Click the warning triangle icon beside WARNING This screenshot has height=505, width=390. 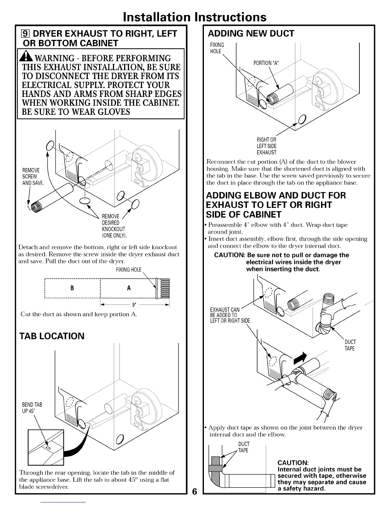(28, 58)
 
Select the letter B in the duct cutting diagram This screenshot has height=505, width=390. (72, 288)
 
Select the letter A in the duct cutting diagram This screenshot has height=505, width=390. (129, 288)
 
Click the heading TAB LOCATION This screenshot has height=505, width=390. (52, 336)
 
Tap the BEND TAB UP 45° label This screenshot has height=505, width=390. (32, 408)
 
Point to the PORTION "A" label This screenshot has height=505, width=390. (266, 63)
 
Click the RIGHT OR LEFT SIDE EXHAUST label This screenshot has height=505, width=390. (267, 146)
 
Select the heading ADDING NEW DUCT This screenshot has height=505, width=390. (251, 33)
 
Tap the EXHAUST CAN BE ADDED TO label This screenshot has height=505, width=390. (230, 315)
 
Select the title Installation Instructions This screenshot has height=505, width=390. (195, 17)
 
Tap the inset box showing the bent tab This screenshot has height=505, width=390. (46, 447)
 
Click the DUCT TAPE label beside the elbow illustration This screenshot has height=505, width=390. (350, 345)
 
